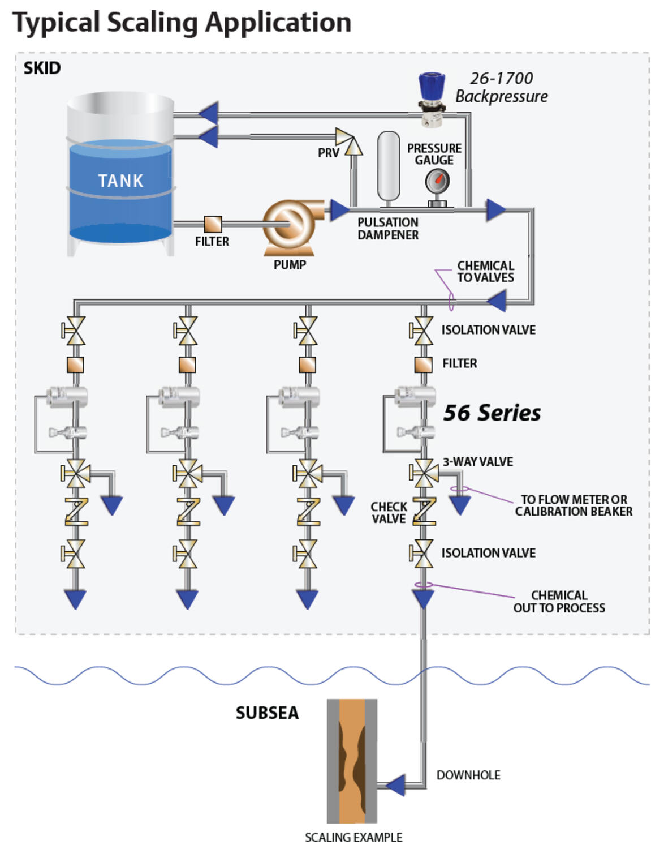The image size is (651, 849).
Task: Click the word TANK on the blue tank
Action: [x=120, y=181]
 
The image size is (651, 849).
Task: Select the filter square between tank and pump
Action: [x=213, y=224]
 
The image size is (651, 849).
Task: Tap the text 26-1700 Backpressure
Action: [x=502, y=87]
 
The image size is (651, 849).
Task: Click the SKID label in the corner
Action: [x=42, y=68]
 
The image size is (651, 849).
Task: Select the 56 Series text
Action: [x=492, y=413]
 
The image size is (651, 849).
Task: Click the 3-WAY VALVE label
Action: [x=478, y=462]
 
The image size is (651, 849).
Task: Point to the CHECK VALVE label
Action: [x=389, y=513]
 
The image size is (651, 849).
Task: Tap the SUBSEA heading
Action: [x=267, y=713]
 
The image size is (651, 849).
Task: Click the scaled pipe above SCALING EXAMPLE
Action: [x=352, y=761]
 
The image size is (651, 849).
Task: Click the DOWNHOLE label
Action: [x=468, y=775]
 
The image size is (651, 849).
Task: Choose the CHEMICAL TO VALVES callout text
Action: [x=486, y=272]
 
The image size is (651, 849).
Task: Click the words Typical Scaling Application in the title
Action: [x=182, y=23]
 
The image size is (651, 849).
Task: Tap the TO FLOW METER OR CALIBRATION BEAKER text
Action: [x=574, y=505]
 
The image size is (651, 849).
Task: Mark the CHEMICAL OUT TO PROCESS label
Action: [x=559, y=602]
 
